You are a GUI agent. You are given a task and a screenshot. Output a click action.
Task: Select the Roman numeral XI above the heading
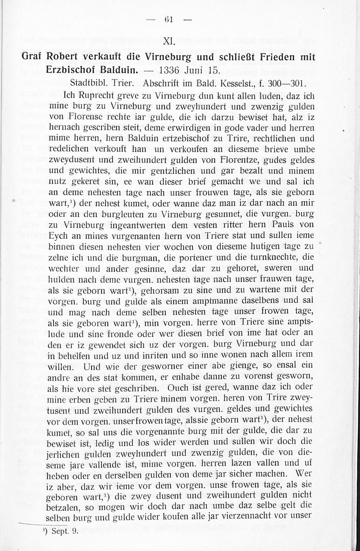click(x=169, y=42)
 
